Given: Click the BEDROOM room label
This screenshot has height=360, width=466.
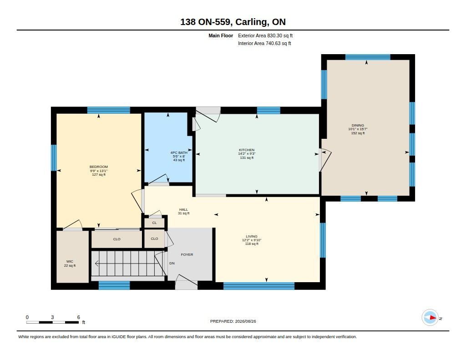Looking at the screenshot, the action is (99, 167).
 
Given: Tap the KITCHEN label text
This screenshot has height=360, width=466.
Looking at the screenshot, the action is (247, 150).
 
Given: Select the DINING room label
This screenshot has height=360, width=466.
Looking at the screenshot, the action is (358, 125).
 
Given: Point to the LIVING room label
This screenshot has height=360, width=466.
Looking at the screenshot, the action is (251, 236).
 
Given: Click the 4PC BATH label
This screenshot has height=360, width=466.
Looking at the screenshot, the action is (179, 152).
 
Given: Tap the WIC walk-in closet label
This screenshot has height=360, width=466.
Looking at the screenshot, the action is (70, 262).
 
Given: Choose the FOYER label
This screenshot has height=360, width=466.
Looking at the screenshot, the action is (187, 254).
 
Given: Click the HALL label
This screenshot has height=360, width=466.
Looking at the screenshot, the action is (184, 209).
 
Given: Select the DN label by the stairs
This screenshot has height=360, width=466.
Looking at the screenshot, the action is (172, 263).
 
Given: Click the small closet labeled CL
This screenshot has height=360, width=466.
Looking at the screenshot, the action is (154, 223).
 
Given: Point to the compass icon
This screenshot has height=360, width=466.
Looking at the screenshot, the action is (430, 318).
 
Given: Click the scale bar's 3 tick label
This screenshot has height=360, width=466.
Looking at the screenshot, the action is (52, 317).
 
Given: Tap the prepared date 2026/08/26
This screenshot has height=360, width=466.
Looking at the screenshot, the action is (245, 321).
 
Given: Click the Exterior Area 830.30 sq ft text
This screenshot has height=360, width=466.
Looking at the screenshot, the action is (265, 35).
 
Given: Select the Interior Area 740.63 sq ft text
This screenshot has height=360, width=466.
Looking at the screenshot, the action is (264, 43).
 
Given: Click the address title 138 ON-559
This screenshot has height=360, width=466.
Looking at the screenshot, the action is (205, 22).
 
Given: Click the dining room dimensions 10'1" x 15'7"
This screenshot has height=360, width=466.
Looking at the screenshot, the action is (358, 129).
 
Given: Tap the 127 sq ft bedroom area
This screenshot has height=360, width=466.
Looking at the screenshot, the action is (99, 174).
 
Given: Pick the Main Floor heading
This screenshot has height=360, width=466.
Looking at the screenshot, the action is (221, 35).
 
